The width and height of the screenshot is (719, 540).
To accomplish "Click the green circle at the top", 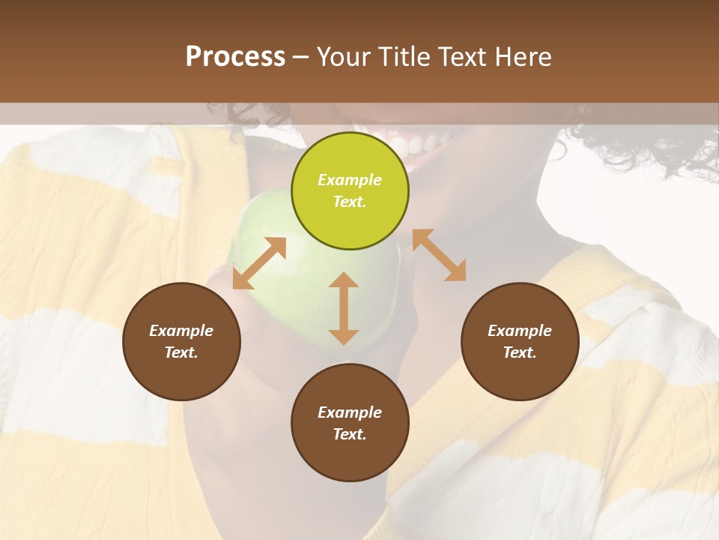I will (350, 191).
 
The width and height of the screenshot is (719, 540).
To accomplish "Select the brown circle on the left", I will (181, 341).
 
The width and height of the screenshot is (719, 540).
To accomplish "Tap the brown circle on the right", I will (520, 341).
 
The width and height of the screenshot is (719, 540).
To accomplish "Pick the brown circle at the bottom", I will (350, 423).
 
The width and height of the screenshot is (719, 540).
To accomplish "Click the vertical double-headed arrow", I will (344, 308).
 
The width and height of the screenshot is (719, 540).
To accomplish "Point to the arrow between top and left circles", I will (259, 263).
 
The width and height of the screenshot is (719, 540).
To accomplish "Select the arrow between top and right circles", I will (439, 255).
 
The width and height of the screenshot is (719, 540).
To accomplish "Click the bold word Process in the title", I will (235, 56).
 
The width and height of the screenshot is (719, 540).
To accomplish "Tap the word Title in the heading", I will (406, 56).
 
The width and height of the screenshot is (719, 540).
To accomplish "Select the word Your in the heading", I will (344, 56).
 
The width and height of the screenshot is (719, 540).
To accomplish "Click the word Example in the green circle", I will (350, 180).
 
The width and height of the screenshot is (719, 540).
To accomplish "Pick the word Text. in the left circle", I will (181, 352).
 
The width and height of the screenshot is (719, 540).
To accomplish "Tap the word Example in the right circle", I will (520, 331).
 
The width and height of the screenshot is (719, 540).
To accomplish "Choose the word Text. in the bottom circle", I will (350, 434).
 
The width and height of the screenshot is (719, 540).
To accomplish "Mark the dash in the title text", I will (301, 57).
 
